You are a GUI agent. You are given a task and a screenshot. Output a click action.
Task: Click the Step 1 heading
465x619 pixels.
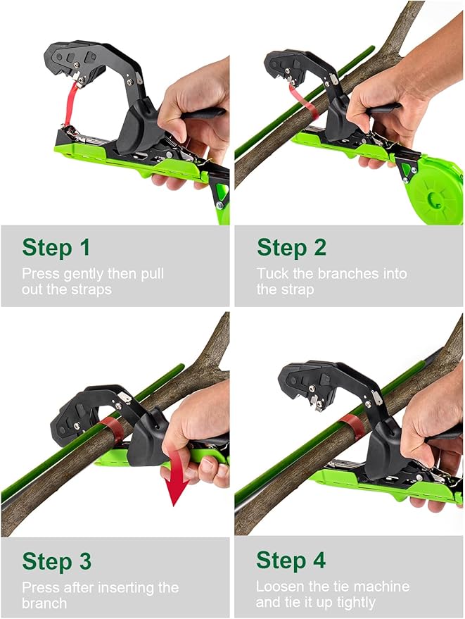(x=56, y=248)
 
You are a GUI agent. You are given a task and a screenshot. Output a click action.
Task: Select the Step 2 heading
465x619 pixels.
(x=291, y=248)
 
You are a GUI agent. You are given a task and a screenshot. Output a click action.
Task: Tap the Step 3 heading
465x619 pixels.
(x=56, y=561)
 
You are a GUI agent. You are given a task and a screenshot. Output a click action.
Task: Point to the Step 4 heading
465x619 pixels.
(x=291, y=561)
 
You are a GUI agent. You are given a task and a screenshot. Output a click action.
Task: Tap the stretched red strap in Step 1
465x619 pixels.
(x=70, y=106)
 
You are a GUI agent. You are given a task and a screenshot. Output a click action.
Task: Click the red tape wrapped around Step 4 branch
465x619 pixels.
(x=351, y=427)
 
